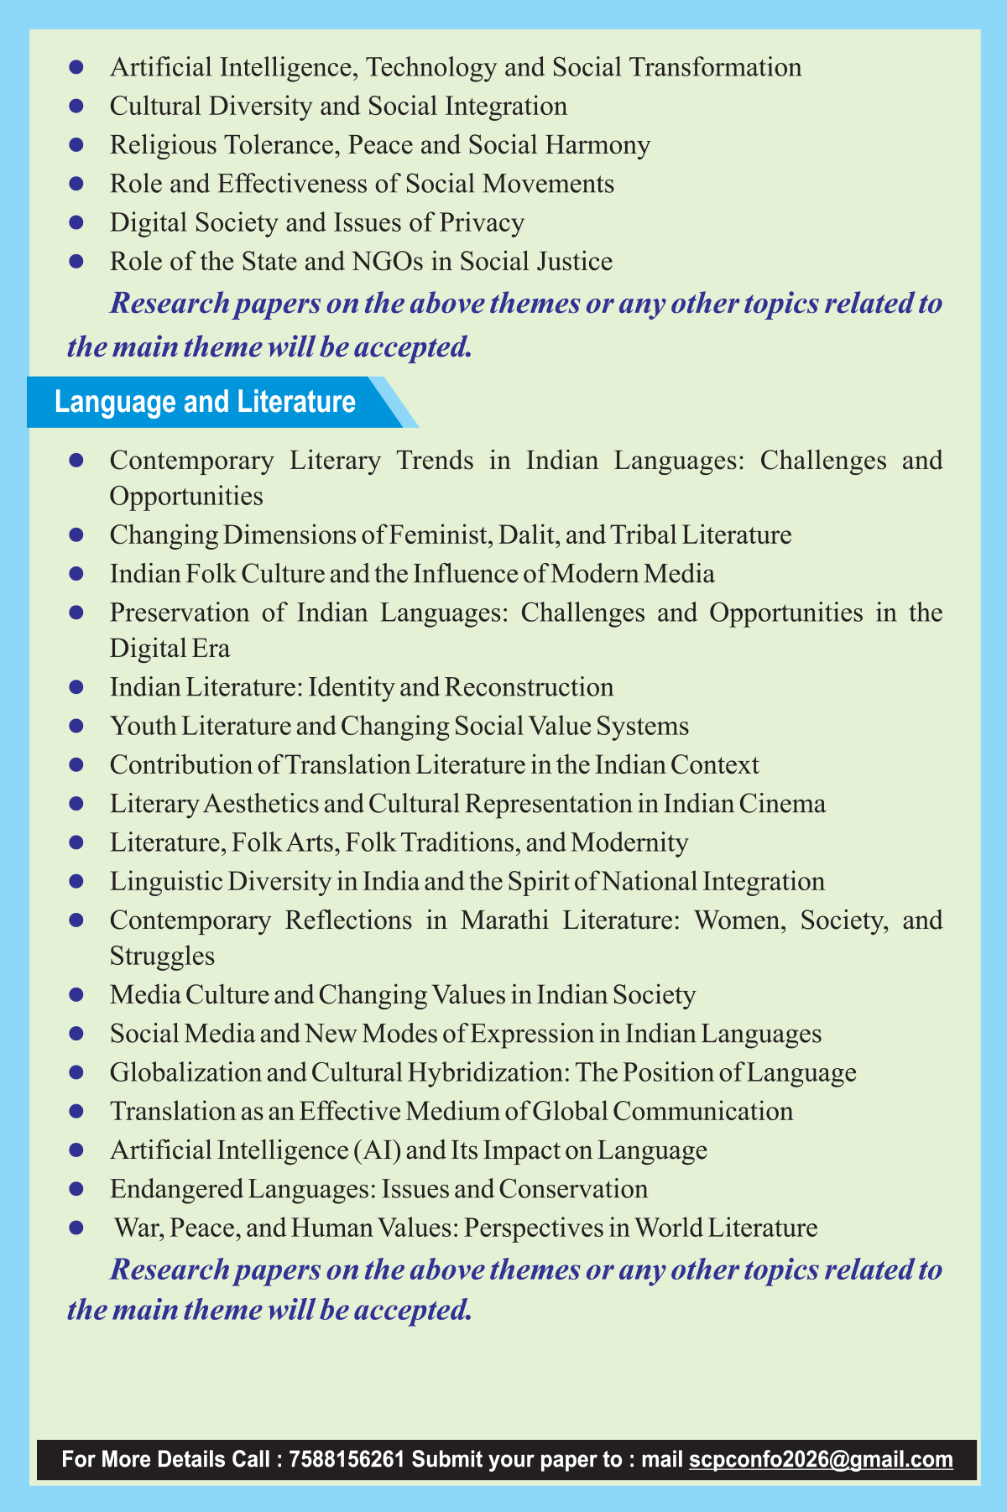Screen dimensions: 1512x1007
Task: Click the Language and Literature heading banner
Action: click(x=206, y=402)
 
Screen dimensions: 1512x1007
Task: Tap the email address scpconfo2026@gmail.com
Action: click(x=821, y=1459)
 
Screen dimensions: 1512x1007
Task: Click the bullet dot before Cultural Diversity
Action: click(x=76, y=107)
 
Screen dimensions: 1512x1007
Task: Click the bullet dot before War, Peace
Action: click(x=76, y=1228)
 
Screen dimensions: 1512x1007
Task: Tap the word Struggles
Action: click(x=162, y=956)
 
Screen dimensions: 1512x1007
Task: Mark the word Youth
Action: click(x=138, y=726)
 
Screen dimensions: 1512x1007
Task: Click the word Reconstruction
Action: click(x=529, y=687)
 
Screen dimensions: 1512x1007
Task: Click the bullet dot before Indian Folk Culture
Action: click(x=76, y=574)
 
